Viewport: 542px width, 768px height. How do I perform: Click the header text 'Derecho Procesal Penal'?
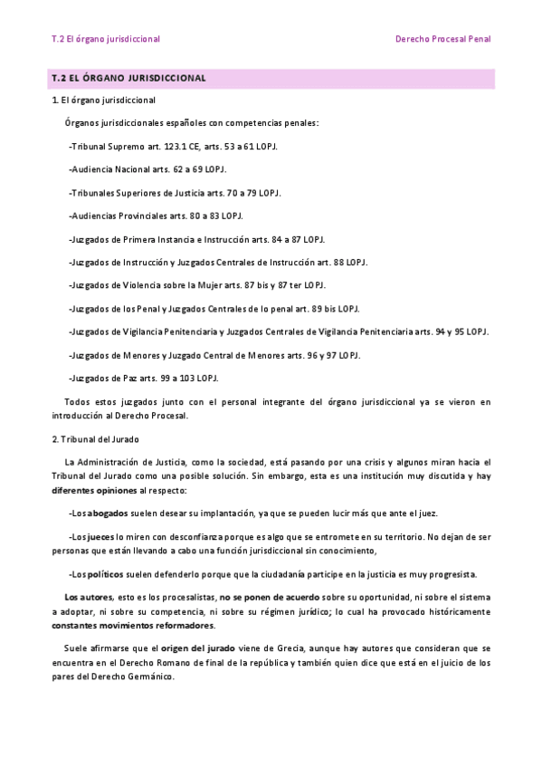(442, 39)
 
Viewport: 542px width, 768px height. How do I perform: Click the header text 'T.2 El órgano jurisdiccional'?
(106, 39)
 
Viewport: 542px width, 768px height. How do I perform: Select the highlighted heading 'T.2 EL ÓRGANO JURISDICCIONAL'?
(129, 79)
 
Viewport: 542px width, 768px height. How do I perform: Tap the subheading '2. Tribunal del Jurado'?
(95, 439)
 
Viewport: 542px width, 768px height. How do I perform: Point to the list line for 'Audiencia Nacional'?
(147, 169)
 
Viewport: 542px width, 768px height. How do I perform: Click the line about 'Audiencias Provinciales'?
(156, 216)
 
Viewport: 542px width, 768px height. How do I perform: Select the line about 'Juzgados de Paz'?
(143, 378)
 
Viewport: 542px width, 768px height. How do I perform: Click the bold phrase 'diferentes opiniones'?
(93, 489)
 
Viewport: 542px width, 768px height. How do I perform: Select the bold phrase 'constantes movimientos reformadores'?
(133, 626)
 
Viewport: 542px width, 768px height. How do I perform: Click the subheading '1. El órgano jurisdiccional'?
(103, 100)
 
